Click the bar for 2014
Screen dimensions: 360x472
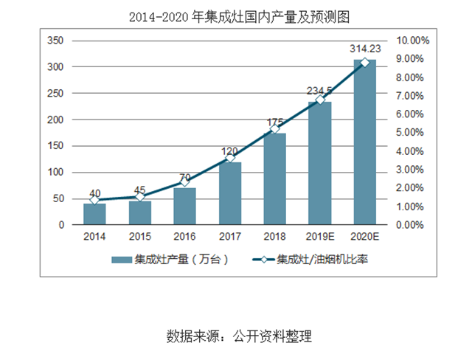coord(94,214)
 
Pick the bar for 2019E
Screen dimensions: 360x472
coord(319,163)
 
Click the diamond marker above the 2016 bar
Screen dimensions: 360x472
coord(185,181)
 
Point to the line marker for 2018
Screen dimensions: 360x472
coord(274,128)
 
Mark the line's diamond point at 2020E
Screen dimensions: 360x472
coord(364,63)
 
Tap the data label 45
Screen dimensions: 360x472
coord(140,188)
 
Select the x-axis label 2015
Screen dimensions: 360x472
coord(140,237)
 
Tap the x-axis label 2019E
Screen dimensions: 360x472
coord(319,237)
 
